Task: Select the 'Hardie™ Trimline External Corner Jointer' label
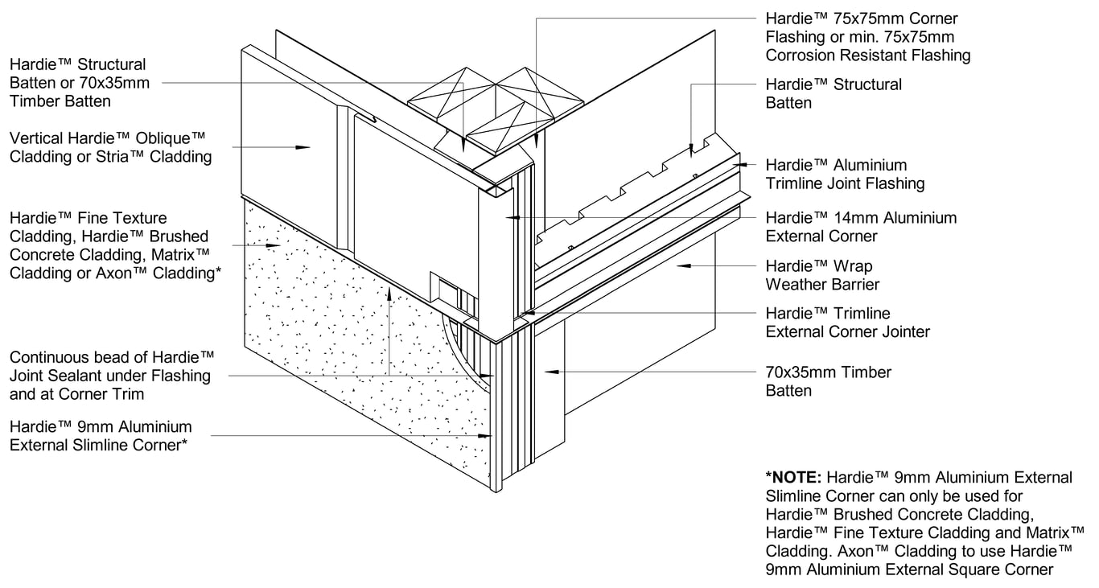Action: point(847,323)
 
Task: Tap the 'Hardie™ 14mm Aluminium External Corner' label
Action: point(861,227)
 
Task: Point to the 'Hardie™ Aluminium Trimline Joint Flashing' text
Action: point(845,175)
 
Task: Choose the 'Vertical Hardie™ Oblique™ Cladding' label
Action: point(110,147)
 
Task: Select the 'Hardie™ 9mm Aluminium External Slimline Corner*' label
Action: point(101,436)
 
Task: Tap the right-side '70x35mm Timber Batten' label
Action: point(827,381)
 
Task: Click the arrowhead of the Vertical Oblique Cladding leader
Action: point(304,147)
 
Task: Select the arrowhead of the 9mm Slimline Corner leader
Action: point(486,436)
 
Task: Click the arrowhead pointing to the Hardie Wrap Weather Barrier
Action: point(680,265)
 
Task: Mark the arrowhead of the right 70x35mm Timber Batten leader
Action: point(548,372)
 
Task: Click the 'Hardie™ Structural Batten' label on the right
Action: point(833,93)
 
